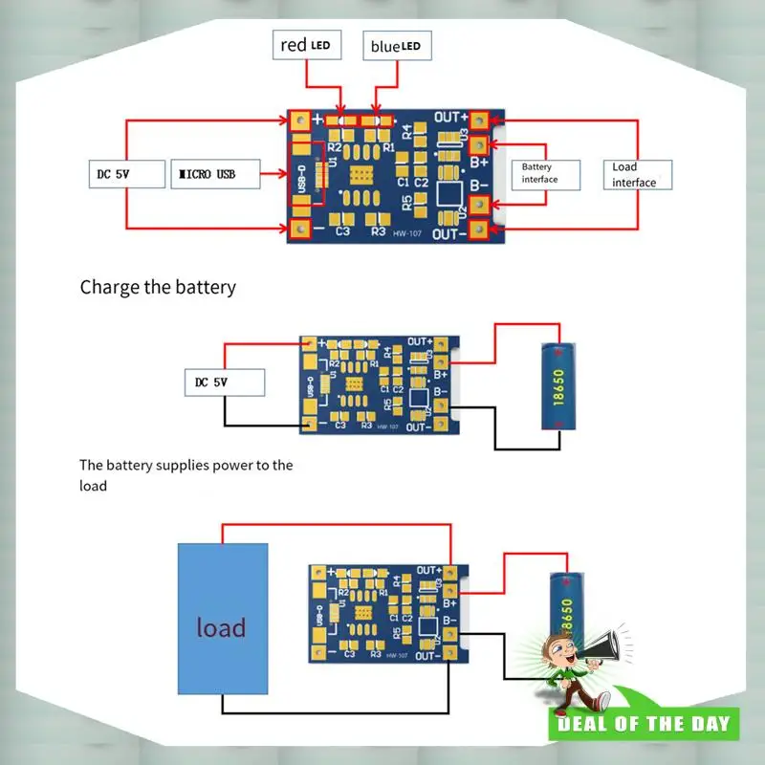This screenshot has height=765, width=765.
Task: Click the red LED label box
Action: [x=307, y=45]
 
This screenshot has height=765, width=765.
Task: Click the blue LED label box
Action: [x=395, y=45]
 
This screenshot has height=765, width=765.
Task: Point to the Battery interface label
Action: [x=544, y=173]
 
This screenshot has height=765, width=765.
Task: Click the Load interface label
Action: [x=639, y=174]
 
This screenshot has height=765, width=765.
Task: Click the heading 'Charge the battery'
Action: [x=158, y=287]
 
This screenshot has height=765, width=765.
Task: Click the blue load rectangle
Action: [x=222, y=619]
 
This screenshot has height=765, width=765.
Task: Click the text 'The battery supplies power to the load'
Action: [x=186, y=475]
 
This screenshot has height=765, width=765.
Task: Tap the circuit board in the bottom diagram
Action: [x=386, y=613]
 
